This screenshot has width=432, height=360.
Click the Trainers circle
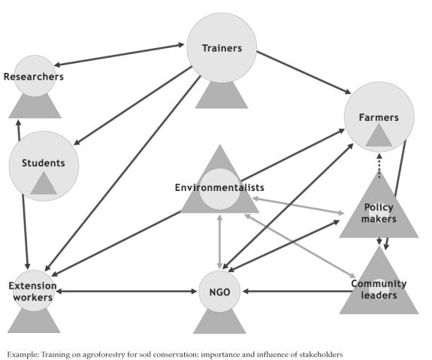(x=222, y=47)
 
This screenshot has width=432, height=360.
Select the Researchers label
(x=34, y=77)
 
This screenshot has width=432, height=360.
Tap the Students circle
(x=44, y=166)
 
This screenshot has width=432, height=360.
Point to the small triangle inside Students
(x=44, y=183)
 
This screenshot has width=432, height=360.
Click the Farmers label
(x=379, y=118)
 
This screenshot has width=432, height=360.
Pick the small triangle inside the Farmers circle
(x=379, y=135)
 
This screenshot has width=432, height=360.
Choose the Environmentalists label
(x=219, y=188)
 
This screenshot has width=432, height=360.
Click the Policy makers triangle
(x=379, y=205)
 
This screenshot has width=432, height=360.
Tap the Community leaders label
(x=379, y=289)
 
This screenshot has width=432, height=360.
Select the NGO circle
(x=219, y=292)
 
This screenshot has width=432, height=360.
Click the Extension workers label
(x=32, y=292)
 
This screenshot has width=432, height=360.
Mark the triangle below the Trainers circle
(x=222, y=95)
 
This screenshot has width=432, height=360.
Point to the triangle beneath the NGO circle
(x=219, y=322)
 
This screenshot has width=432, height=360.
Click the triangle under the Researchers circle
(x=35, y=107)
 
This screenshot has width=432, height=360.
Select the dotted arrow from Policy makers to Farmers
(x=379, y=166)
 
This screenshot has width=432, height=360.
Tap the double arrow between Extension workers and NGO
(x=126, y=292)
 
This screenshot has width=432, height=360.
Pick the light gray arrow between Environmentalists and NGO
(x=219, y=241)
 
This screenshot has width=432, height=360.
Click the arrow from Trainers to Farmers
(x=304, y=72)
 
